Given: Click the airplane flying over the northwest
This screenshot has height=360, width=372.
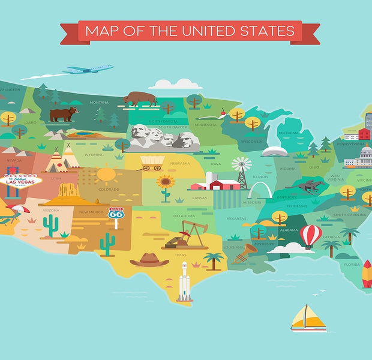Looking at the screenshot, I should point(89,70).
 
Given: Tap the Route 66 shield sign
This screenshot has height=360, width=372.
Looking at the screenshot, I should point(116,214).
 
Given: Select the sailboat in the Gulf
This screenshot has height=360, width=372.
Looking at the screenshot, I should point(308,318).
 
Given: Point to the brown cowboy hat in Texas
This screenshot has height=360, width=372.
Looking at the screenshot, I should point(149,259).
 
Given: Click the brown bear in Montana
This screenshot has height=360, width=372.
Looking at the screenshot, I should point(64,114).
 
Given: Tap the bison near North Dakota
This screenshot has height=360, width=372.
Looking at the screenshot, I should point(140,98).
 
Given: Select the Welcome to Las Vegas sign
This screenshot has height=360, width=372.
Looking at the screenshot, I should point(21,181).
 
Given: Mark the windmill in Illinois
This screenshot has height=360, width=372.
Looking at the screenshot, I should point(242,168).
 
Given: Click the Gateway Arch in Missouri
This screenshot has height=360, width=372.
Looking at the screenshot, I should point(259,191).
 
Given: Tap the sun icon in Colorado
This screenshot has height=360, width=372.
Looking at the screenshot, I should point(107,175).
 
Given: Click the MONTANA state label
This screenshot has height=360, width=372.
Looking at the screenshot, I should point(99,103).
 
